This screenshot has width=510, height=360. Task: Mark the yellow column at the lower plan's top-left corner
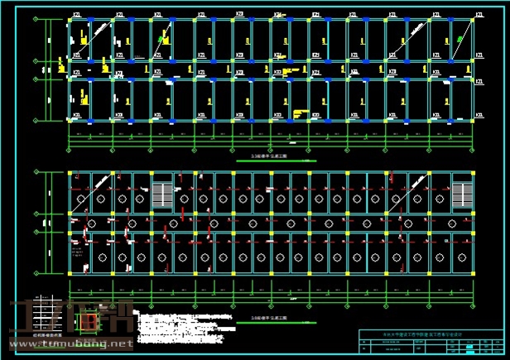pyautogui.click(x=71, y=174)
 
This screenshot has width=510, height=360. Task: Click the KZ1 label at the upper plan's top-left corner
pyautogui.click(x=76, y=15)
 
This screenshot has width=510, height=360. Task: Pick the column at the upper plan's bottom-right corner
pyautogui.click(x=474, y=120)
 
